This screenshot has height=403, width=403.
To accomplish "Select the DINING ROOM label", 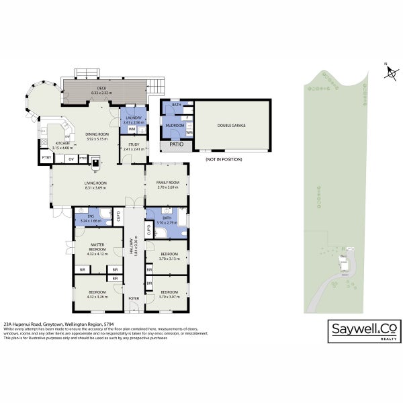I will click(97, 136).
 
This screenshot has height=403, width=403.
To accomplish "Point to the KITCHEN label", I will click(62, 144).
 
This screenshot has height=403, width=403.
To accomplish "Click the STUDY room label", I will click(133, 146).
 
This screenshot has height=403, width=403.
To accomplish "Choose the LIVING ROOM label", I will click(97, 184).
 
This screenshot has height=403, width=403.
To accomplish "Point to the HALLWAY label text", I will click(135, 245).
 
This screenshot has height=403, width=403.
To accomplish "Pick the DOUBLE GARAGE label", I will click(232, 126).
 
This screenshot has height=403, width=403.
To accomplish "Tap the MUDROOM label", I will click(176, 125).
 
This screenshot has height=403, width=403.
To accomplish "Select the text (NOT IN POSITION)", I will click(224, 159).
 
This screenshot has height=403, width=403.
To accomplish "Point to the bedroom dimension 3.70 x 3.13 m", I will click(166, 257).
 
